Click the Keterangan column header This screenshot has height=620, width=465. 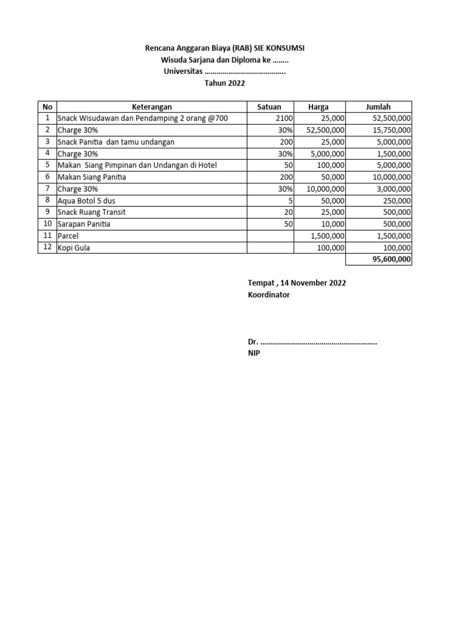[151, 107]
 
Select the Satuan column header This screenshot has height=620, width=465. [269, 107]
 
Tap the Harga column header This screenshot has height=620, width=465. [318, 107]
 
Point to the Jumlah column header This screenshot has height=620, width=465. [378, 107]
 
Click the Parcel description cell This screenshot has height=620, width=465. [68, 236]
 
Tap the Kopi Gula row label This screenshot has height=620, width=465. [74, 248]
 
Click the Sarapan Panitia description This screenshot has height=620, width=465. [84, 224]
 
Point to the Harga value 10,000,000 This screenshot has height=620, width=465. [325, 188]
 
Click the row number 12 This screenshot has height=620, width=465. [47, 247]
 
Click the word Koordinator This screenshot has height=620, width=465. [269, 295]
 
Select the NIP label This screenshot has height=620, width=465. [254, 353]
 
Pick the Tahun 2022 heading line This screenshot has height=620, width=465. [225, 84]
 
